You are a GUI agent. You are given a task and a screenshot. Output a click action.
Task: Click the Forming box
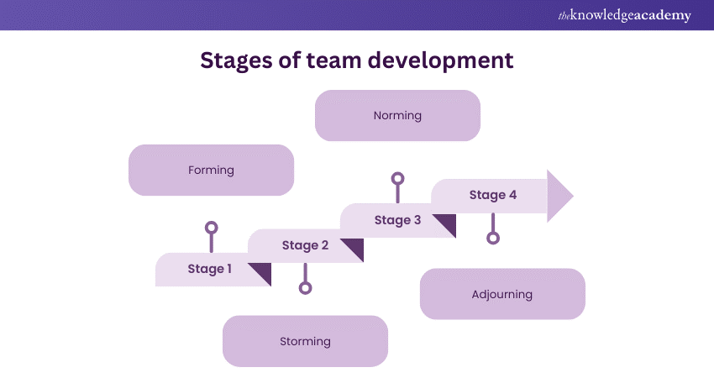(211, 170)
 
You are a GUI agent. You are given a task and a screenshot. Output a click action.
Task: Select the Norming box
(397, 115)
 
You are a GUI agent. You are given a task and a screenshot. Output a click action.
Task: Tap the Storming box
(305, 341)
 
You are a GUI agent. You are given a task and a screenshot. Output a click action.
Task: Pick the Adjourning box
(502, 294)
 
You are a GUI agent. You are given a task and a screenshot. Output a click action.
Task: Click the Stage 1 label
(209, 269)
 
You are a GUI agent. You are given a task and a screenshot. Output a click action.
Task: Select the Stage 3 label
(397, 220)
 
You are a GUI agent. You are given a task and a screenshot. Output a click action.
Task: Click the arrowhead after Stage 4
(559, 196)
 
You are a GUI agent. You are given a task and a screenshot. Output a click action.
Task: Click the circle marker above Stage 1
(212, 228)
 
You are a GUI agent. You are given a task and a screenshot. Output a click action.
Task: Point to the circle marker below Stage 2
(305, 288)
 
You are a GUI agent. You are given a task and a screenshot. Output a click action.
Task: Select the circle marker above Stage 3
(397, 179)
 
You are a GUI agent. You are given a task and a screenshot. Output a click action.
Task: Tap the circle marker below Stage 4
(493, 238)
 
